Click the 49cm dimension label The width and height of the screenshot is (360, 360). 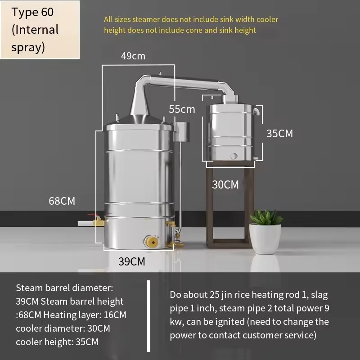[133, 56]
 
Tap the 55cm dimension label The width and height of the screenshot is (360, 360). [182, 109]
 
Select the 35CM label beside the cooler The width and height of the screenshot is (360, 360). [279, 133]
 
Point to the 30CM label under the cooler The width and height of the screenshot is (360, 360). [225, 184]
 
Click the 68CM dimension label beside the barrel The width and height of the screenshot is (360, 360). [62, 201]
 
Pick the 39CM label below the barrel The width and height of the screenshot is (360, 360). [132, 261]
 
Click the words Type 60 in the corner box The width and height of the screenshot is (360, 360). [32, 12]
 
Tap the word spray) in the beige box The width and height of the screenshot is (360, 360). [28, 48]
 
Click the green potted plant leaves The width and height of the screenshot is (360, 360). [266, 217]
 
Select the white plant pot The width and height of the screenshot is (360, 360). [265, 239]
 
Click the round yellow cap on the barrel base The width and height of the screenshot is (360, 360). [151, 242]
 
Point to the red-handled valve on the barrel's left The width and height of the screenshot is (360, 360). [94, 220]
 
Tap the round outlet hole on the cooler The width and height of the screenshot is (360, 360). [234, 156]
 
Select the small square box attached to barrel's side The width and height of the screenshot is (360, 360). [181, 132]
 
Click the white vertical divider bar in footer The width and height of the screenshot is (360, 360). [149, 316]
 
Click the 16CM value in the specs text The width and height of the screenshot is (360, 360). [115, 315]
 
